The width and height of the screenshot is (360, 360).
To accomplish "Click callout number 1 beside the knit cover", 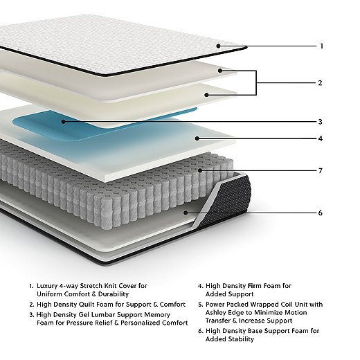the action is pyautogui.click(x=321, y=46).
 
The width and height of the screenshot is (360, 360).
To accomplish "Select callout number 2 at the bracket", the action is pyautogui.click(x=320, y=83).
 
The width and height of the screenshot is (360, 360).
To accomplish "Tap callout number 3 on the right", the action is pyautogui.click(x=321, y=122).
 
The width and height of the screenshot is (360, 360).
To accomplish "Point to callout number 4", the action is pyautogui.click(x=321, y=138).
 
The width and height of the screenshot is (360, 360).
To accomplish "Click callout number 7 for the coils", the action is pyautogui.click(x=321, y=171).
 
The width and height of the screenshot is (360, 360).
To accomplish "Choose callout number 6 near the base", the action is pyautogui.click(x=321, y=213).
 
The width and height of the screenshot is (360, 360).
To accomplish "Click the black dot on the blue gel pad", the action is pyautogui.click(x=64, y=121).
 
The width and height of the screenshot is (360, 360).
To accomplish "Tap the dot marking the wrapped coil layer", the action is pyautogui.click(x=200, y=170).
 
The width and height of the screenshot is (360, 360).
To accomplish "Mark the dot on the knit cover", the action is pyautogui.click(x=219, y=46).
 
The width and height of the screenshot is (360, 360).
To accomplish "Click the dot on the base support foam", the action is pyautogui.click(x=186, y=213).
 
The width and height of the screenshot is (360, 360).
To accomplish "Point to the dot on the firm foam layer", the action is pyautogui.click(x=197, y=138).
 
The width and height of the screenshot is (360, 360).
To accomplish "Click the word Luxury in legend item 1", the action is pyautogui.click(x=47, y=286).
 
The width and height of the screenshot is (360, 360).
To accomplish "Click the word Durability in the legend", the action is pyautogui.click(x=114, y=294).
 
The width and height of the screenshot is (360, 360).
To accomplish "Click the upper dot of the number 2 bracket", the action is pyautogui.click(x=220, y=71).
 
